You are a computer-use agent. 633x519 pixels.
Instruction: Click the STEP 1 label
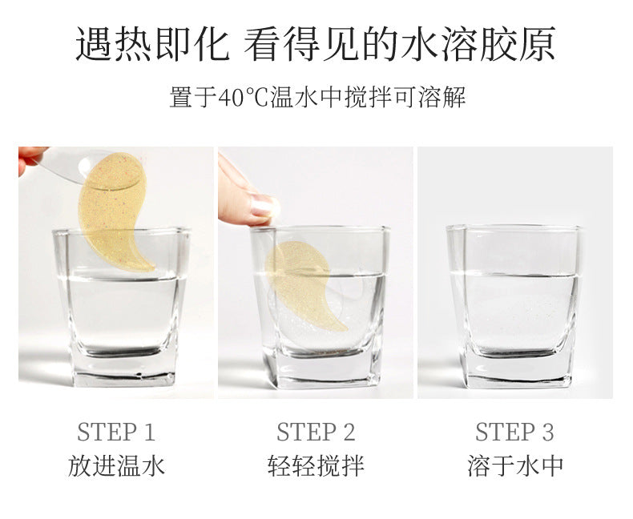pos(116,432)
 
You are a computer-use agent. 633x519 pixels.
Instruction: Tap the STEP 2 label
pos(316,432)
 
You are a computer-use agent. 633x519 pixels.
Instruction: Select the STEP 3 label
pos(514,432)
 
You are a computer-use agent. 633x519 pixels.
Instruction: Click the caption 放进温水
pos(116,465)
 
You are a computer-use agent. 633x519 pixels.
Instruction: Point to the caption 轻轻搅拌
pos(316,465)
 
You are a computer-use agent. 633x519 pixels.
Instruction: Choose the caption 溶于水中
pos(515,465)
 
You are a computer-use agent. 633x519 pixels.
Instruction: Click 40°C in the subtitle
pos(244,97)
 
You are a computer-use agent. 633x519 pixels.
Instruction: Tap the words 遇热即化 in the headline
pos(152,44)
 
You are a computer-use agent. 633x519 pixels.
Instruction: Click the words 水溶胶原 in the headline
pos(479,44)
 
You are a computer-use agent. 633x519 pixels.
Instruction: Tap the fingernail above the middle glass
pos(264,205)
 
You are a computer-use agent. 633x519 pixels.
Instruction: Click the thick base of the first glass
pos(124,369)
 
